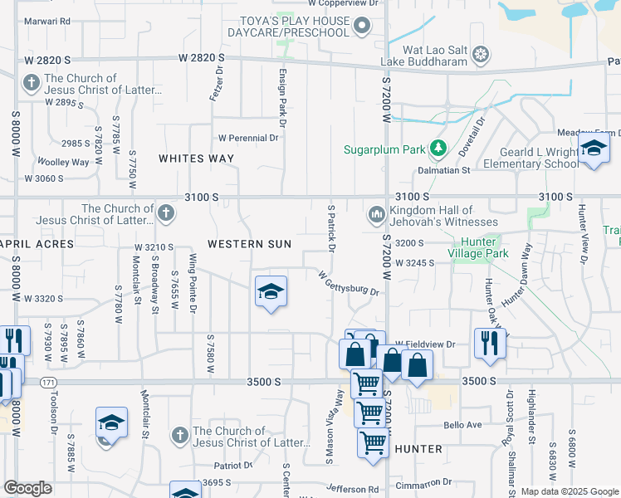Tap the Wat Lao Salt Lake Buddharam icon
(x=480, y=56)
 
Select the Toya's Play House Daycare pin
(x=361, y=27)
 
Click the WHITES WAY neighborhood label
(x=196, y=158)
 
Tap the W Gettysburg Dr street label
(x=349, y=282)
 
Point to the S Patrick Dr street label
(x=331, y=228)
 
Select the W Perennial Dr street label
(x=248, y=138)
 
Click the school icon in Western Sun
(x=271, y=292)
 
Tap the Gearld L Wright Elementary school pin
(x=594, y=149)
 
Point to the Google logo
(x=28, y=488)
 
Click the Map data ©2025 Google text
(x=570, y=491)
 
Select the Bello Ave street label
(x=462, y=425)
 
